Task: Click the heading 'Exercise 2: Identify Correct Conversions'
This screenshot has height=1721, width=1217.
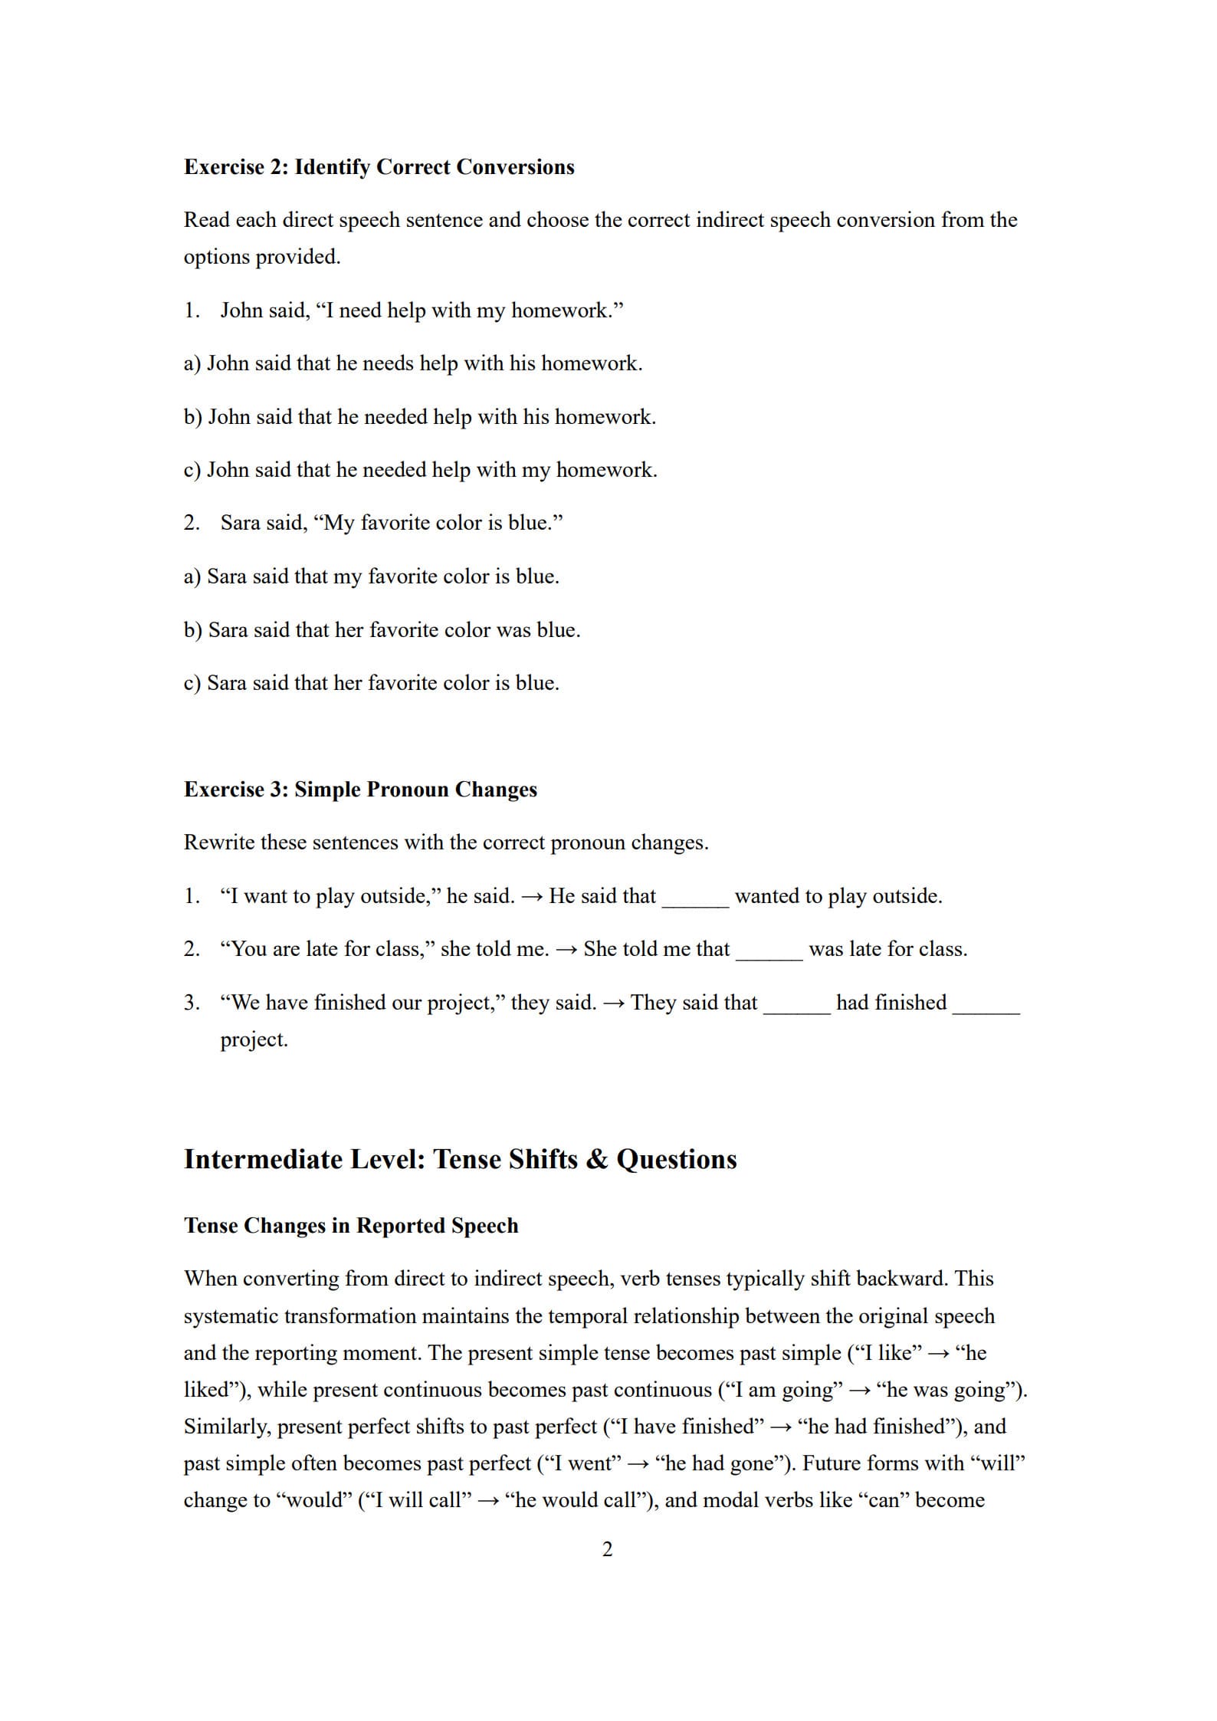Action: (379, 167)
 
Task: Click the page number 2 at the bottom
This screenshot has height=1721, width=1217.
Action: (608, 1549)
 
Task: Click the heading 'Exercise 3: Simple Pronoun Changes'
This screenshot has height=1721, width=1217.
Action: (360, 790)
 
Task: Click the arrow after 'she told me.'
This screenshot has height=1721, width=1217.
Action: (566, 950)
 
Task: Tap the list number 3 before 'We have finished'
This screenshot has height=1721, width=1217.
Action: (191, 1003)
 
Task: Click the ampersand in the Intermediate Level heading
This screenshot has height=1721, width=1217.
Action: (596, 1159)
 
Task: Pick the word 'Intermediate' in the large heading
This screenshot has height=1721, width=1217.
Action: (263, 1159)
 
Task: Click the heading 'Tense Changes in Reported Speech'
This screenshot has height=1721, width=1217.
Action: (351, 1226)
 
